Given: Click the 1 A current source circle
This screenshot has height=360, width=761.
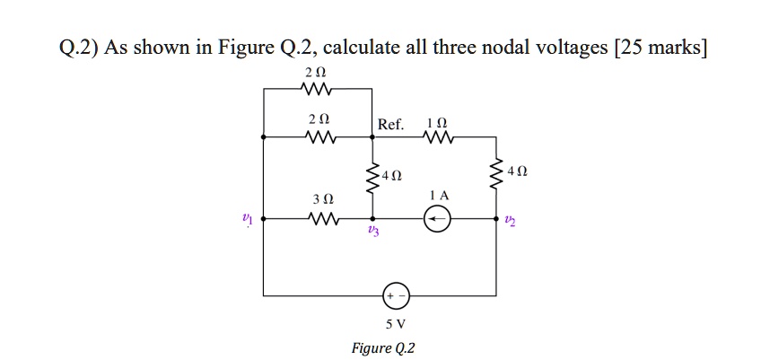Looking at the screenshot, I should point(437,218).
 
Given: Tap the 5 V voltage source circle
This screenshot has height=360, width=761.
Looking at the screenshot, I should point(396,294).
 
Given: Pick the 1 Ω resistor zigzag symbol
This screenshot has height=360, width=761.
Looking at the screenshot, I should point(437,137).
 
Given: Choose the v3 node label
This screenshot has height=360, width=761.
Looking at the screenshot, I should point(373,232).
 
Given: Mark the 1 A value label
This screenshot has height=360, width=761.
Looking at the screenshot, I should point(438,195).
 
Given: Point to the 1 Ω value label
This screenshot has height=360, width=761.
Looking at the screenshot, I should point(437,120).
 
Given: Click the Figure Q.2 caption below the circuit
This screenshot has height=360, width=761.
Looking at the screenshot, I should point(385,347).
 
